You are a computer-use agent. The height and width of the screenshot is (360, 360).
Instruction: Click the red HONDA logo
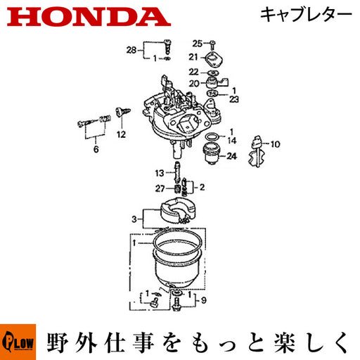pyautogui.click(x=89, y=17)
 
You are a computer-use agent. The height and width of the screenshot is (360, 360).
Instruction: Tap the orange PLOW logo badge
pyautogui.click(x=18, y=342)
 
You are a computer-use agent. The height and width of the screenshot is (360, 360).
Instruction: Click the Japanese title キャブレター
pyautogui.click(x=306, y=15)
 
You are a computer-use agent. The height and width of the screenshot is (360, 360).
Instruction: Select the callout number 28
pyautogui.click(x=131, y=50)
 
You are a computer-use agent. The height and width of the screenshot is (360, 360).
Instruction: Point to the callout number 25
pyautogui.click(x=198, y=44)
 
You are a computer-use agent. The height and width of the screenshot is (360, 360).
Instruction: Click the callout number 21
pyautogui.click(x=193, y=57)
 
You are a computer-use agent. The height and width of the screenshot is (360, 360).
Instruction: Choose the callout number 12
pyautogui.click(x=121, y=134)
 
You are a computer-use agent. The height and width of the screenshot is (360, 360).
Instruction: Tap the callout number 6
pyautogui.click(x=96, y=149)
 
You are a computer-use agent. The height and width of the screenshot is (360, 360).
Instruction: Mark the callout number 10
pyautogui.click(x=276, y=144)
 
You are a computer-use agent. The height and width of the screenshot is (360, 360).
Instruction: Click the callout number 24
pyautogui.click(x=231, y=156)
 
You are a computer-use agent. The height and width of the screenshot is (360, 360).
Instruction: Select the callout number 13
pyautogui.click(x=160, y=173)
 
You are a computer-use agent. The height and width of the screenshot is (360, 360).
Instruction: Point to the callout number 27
pyautogui.click(x=160, y=188)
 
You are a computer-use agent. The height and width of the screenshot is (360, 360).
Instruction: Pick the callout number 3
pyautogui.click(x=134, y=219)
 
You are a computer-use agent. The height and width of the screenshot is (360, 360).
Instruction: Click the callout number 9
pyautogui.click(x=204, y=300)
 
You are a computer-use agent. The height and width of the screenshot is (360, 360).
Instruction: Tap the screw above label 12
pyautogui.click(x=123, y=112)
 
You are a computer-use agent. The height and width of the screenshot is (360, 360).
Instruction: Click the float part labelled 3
pyautogui.click(x=178, y=210)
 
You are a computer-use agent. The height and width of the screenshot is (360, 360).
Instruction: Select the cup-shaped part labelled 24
pyautogui.click(x=212, y=154)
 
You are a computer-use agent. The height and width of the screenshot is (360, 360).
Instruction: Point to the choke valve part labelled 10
pyautogui.click(x=257, y=151)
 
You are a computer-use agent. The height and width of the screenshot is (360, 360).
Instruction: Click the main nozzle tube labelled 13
pyautogui.click(x=176, y=172)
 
